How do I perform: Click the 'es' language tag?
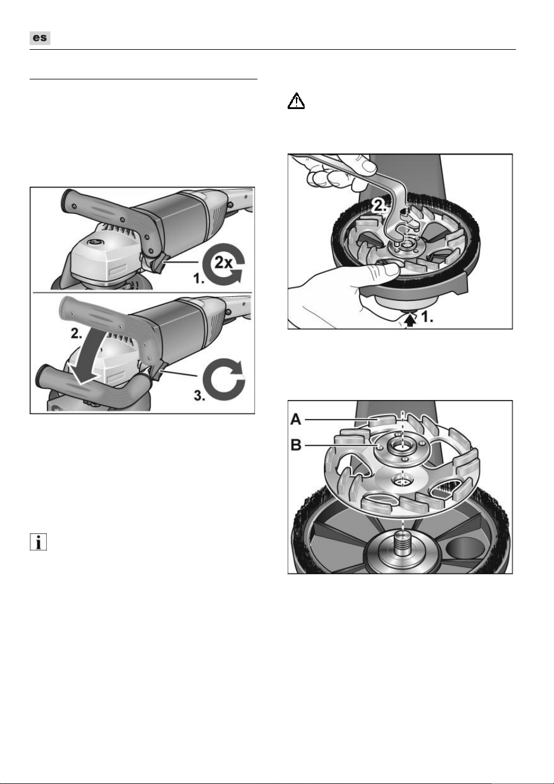[40, 38]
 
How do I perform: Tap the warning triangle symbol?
[296, 101]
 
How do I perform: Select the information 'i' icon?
[38, 542]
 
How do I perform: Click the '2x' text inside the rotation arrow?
[223, 261]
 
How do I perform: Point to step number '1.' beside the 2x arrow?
[199, 279]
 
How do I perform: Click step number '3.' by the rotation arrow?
[199, 396]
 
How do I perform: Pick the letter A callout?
[296, 419]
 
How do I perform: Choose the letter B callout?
[297, 445]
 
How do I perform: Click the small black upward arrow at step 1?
[410, 320]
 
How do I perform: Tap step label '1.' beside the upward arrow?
[427, 317]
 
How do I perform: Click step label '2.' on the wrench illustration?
[379, 206]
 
